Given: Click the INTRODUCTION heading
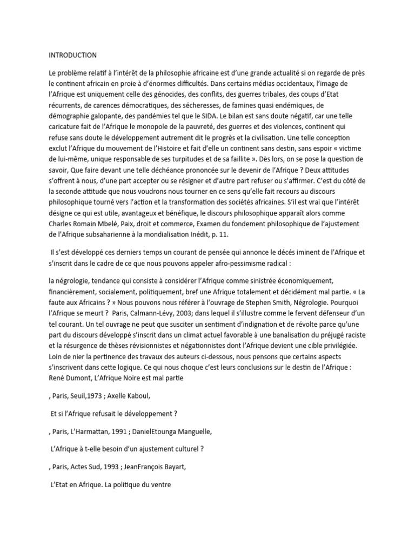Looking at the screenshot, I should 72,55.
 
